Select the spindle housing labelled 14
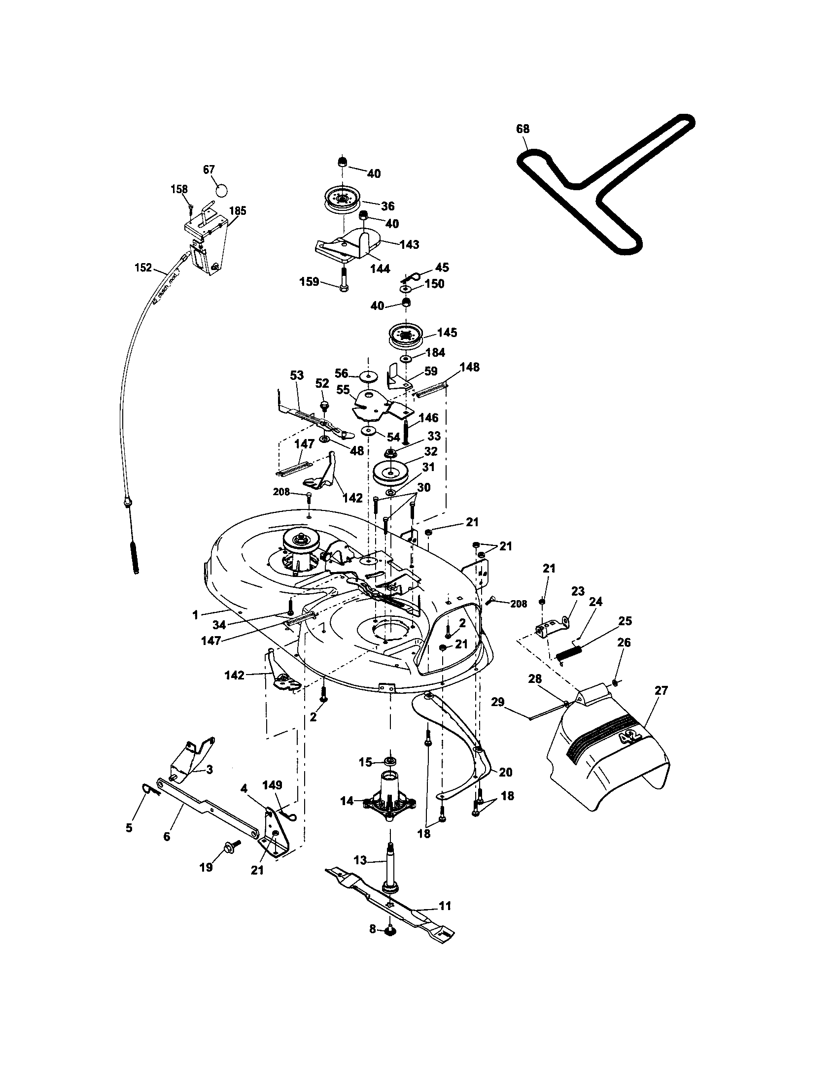click(389, 799)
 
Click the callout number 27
click(661, 690)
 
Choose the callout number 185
click(237, 210)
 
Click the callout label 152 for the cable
click(143, 268)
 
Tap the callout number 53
click(296, 376)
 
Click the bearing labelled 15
click(390, 761)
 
